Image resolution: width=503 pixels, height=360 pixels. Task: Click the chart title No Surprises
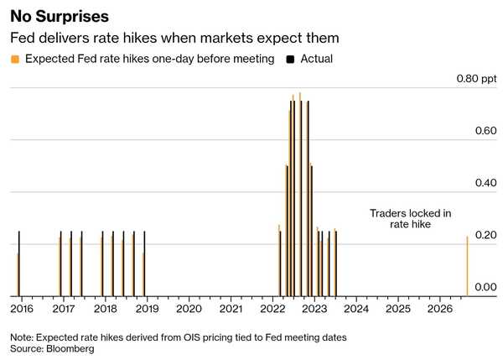coord(60,17)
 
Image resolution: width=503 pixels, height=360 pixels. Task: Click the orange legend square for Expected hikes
coord(15,59)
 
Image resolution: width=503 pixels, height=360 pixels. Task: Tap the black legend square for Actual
coord(290,59)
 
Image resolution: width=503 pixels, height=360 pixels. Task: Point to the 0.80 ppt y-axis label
coord(476,78)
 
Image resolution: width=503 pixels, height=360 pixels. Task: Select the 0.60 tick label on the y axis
coord(485,131)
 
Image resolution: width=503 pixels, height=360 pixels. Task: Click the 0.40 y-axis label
coord(485,183)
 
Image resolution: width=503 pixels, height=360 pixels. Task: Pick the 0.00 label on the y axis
coord(485,287)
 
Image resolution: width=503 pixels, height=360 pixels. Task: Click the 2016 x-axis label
coord(22,309)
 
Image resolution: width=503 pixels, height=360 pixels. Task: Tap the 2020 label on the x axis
coord(189,309)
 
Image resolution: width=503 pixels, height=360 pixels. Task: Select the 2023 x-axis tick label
coord(314,309)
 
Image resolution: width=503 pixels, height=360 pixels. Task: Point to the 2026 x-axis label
coord(440,309)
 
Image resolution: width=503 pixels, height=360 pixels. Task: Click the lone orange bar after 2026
coord(467,266)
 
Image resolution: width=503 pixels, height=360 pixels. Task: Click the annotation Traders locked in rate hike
coord(410,219)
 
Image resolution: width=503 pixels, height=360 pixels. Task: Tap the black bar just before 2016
coord(19,263)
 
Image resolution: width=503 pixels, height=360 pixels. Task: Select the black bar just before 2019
coord(144,263)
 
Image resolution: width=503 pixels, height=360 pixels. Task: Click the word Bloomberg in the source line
coord(70,349)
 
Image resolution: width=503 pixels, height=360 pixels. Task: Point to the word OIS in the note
coord(192,337)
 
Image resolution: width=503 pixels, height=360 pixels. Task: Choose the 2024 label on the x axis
coord(356,309)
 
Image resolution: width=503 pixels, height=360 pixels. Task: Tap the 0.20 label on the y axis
coord(485,235)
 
